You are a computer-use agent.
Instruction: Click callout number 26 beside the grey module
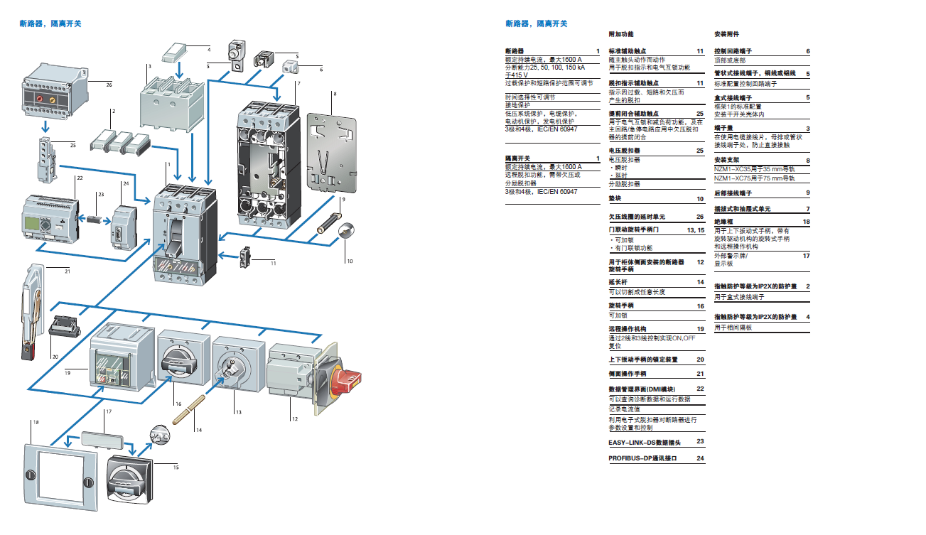pos(109,85)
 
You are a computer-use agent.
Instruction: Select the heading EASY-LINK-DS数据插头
pos(645,442)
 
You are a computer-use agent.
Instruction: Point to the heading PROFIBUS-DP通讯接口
pos(642,458)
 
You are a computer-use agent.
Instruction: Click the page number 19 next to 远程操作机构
pos(700,330)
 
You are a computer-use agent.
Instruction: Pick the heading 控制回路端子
pos(733,52)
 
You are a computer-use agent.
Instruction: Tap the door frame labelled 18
pos(60,475)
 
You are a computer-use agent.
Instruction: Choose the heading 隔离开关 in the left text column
pos(517,158)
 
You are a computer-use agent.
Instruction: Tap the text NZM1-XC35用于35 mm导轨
pos(754,169)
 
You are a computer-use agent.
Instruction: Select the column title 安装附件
pos(726,34)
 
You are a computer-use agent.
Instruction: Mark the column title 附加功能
pos(620,34)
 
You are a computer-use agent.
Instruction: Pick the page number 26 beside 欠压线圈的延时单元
pos(700,217)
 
